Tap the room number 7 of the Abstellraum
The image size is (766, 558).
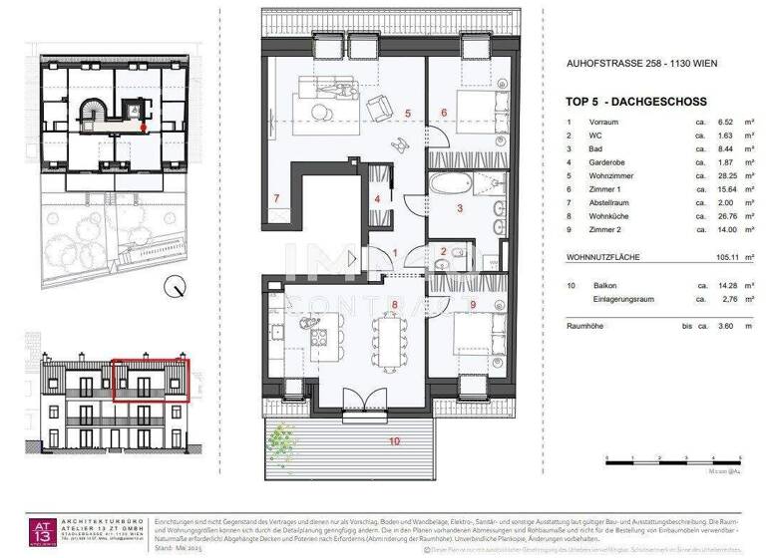276,198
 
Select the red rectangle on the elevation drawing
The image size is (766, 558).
150,380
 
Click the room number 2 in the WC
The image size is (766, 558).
444,250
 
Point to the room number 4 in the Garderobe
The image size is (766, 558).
377,197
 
